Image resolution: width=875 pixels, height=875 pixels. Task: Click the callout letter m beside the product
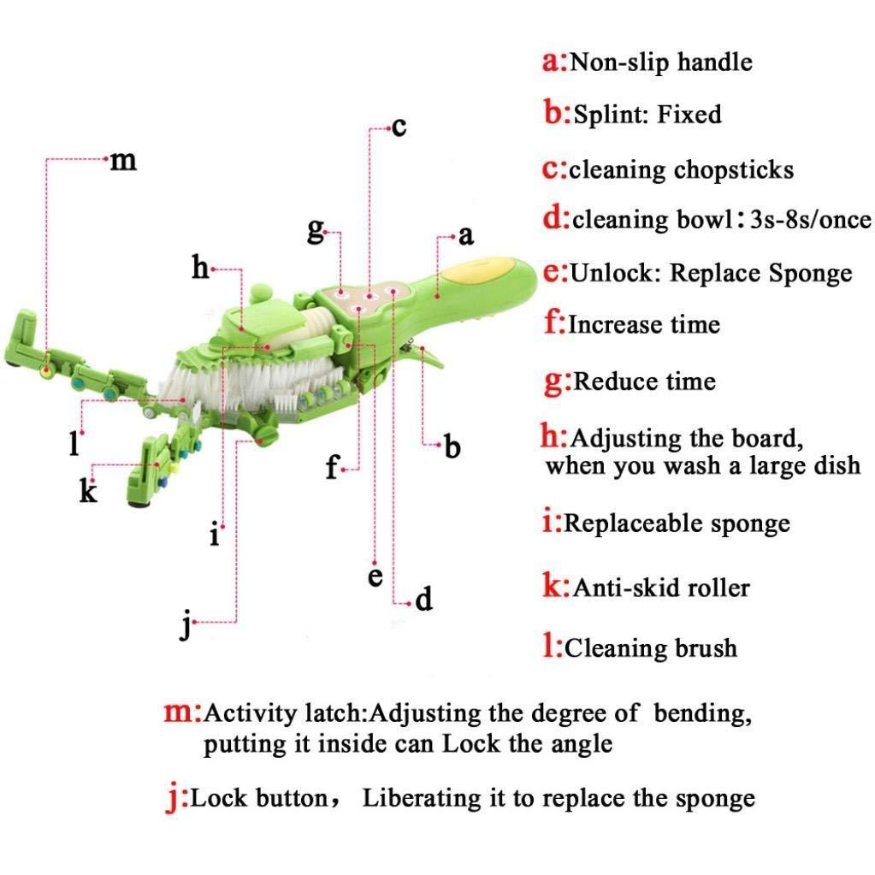click(123, 160)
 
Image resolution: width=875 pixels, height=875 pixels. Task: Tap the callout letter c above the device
click(398, 128)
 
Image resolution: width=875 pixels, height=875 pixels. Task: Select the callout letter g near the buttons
click(316, 231)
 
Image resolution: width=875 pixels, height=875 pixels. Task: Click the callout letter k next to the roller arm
click(88, 491)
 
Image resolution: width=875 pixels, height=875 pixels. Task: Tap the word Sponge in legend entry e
click(810, 274)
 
